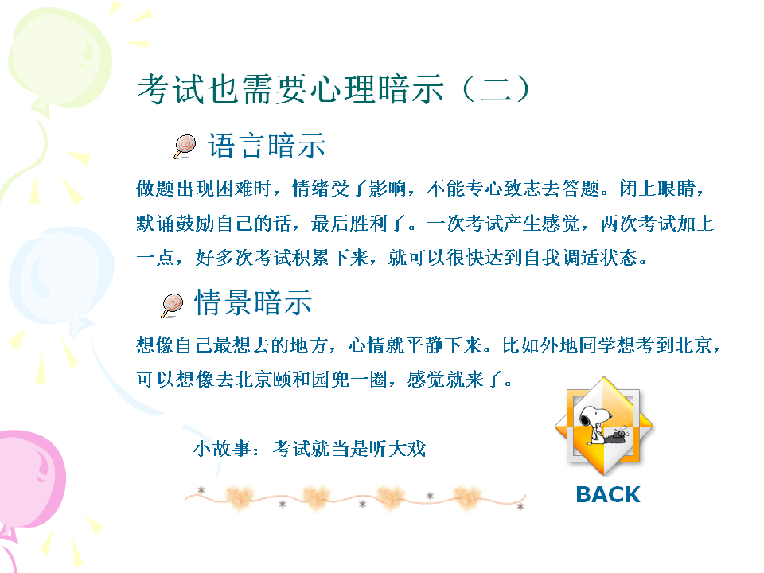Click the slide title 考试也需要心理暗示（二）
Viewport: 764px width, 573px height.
333,89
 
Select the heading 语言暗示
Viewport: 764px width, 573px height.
267,146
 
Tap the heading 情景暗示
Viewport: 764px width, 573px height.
253,302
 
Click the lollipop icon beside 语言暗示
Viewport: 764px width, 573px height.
185,146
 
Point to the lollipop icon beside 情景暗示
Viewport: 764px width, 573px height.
172,306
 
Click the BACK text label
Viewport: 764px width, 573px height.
607,494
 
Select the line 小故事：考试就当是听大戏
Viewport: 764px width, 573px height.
310,448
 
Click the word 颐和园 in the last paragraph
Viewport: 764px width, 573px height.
301,379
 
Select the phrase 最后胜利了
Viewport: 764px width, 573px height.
359,223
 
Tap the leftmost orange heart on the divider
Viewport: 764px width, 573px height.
240,497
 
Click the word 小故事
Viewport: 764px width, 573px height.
222,448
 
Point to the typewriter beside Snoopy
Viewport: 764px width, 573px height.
617,435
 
